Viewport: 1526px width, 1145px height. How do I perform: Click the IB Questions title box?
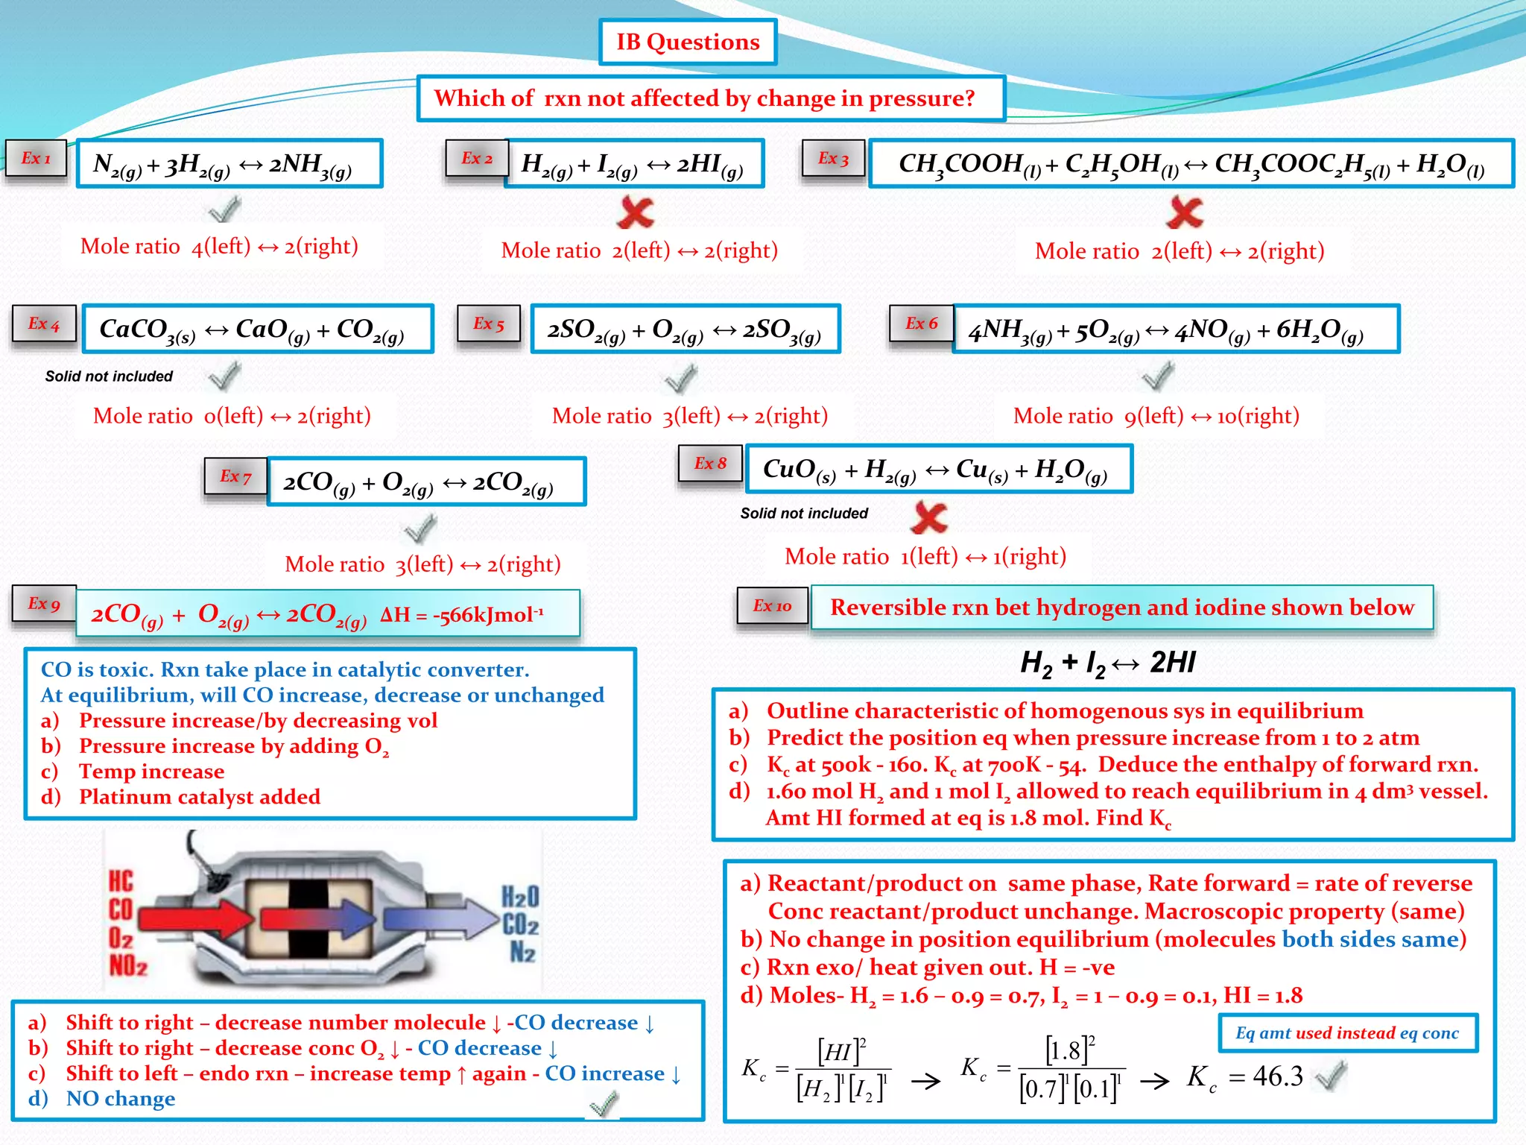[687, 42]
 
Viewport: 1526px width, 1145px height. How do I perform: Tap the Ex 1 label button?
[36, 158]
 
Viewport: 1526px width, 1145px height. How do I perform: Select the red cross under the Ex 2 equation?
[636, 212]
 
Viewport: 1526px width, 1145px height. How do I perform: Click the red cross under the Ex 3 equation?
[1185, 212]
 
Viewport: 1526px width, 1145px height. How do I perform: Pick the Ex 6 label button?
[921, 324]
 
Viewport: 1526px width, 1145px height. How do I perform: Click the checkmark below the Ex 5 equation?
[681, 379]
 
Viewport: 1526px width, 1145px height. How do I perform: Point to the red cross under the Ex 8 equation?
[929, 517]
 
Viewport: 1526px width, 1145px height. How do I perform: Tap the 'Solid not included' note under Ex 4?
[109, 376]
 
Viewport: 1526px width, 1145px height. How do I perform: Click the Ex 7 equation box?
[426, 482]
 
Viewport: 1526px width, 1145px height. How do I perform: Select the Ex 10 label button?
[772, 606]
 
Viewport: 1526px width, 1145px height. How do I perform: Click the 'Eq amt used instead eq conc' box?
[1347, 1033]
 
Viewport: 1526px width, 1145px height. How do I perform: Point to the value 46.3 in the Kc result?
[1277, 1076]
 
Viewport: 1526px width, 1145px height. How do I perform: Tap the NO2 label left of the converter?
[128, 965]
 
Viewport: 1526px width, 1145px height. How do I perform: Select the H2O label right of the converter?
[520, 896]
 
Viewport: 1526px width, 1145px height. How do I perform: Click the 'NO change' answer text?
[121, 1099]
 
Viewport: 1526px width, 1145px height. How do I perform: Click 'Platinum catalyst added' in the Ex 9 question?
[200, 797]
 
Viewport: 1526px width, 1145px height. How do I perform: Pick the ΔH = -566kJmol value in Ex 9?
[462, 615]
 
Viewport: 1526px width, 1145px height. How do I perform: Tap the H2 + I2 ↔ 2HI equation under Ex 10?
[1107, 662]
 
